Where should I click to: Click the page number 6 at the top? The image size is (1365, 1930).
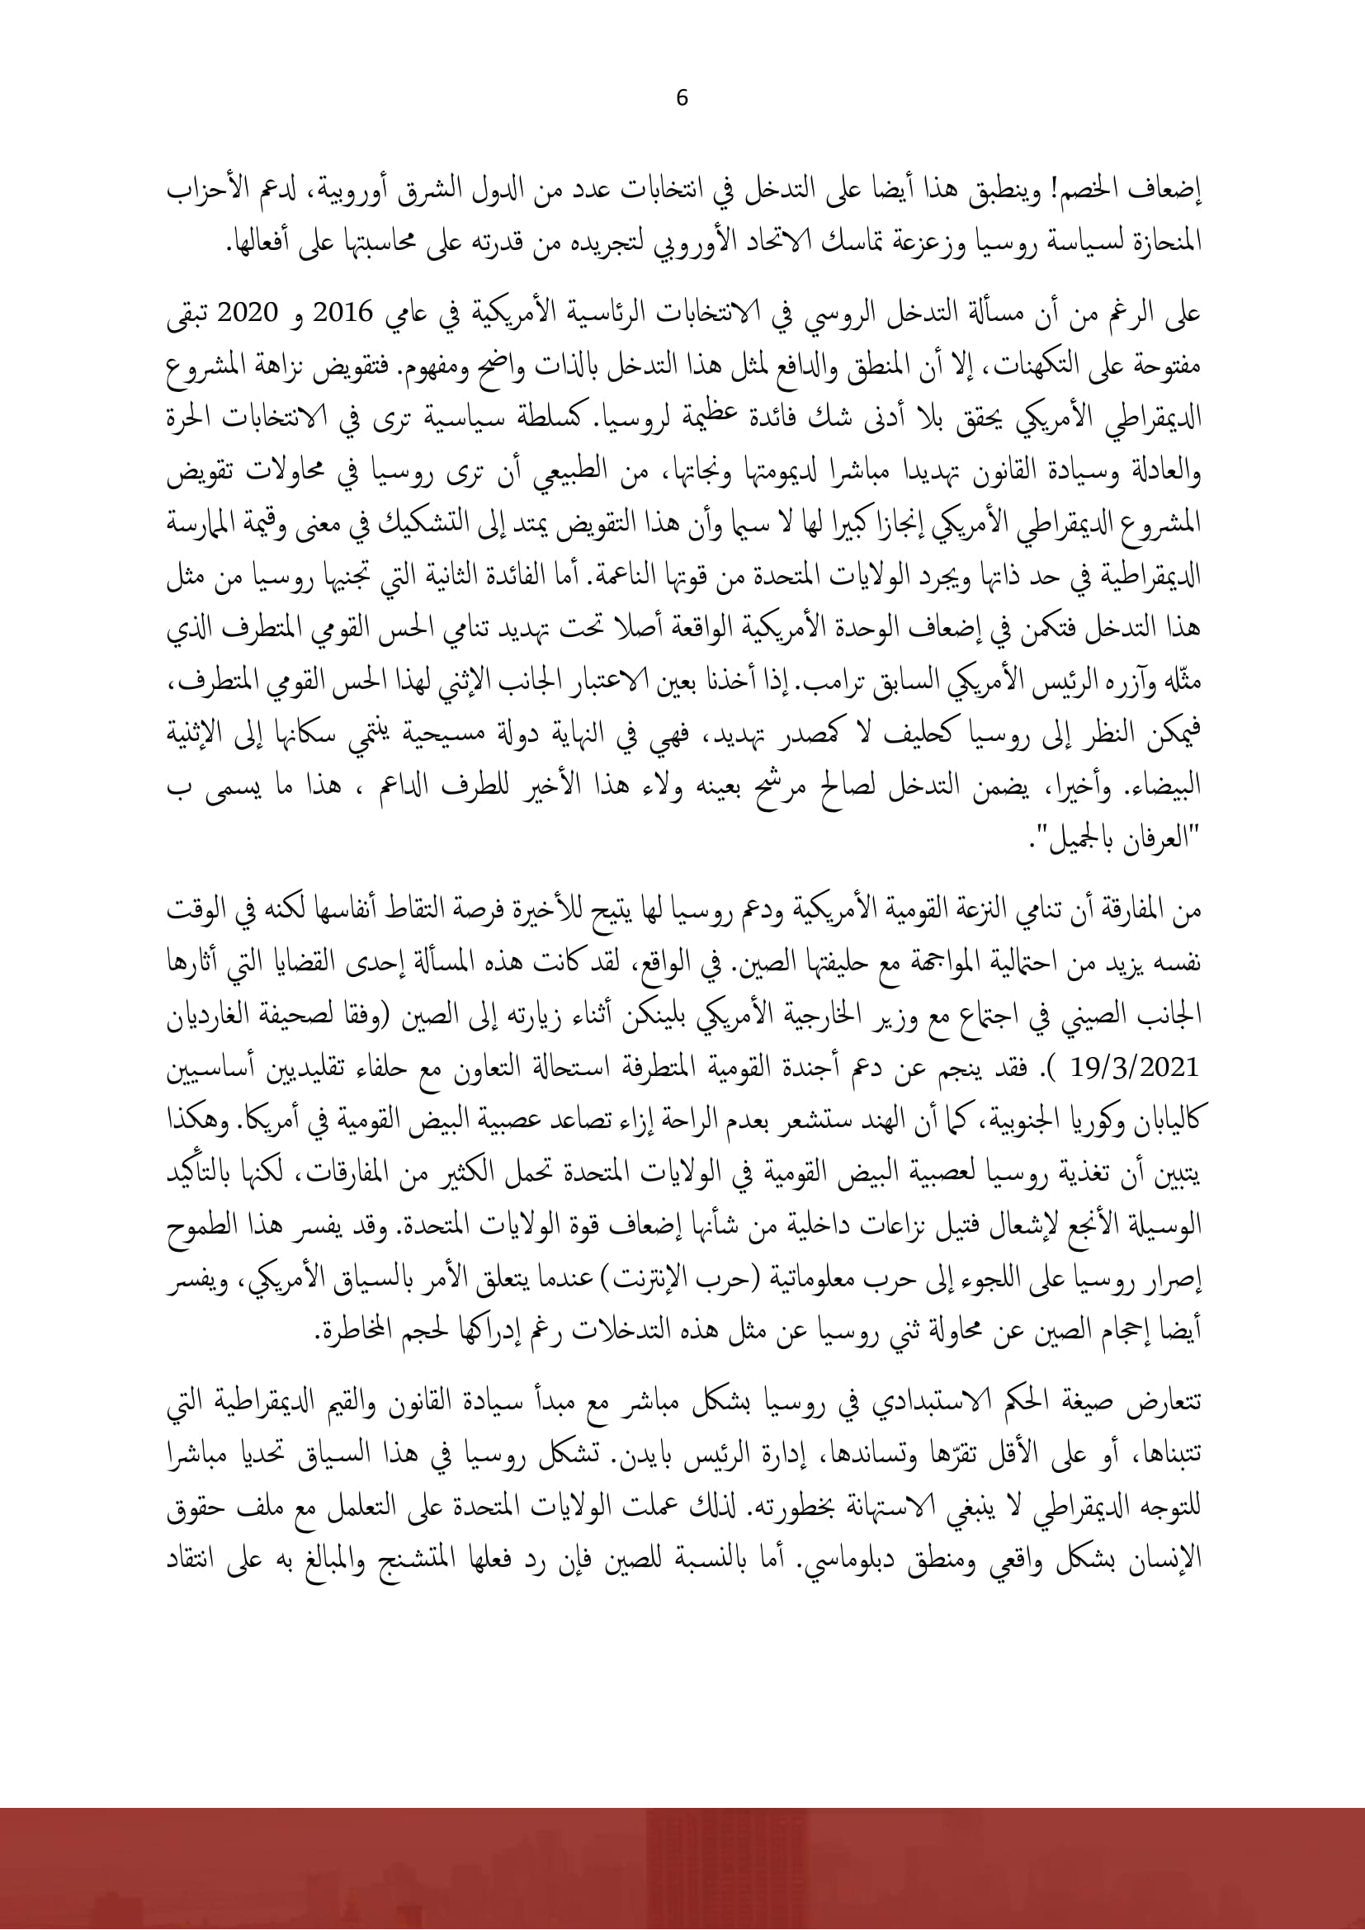(682, 98)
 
